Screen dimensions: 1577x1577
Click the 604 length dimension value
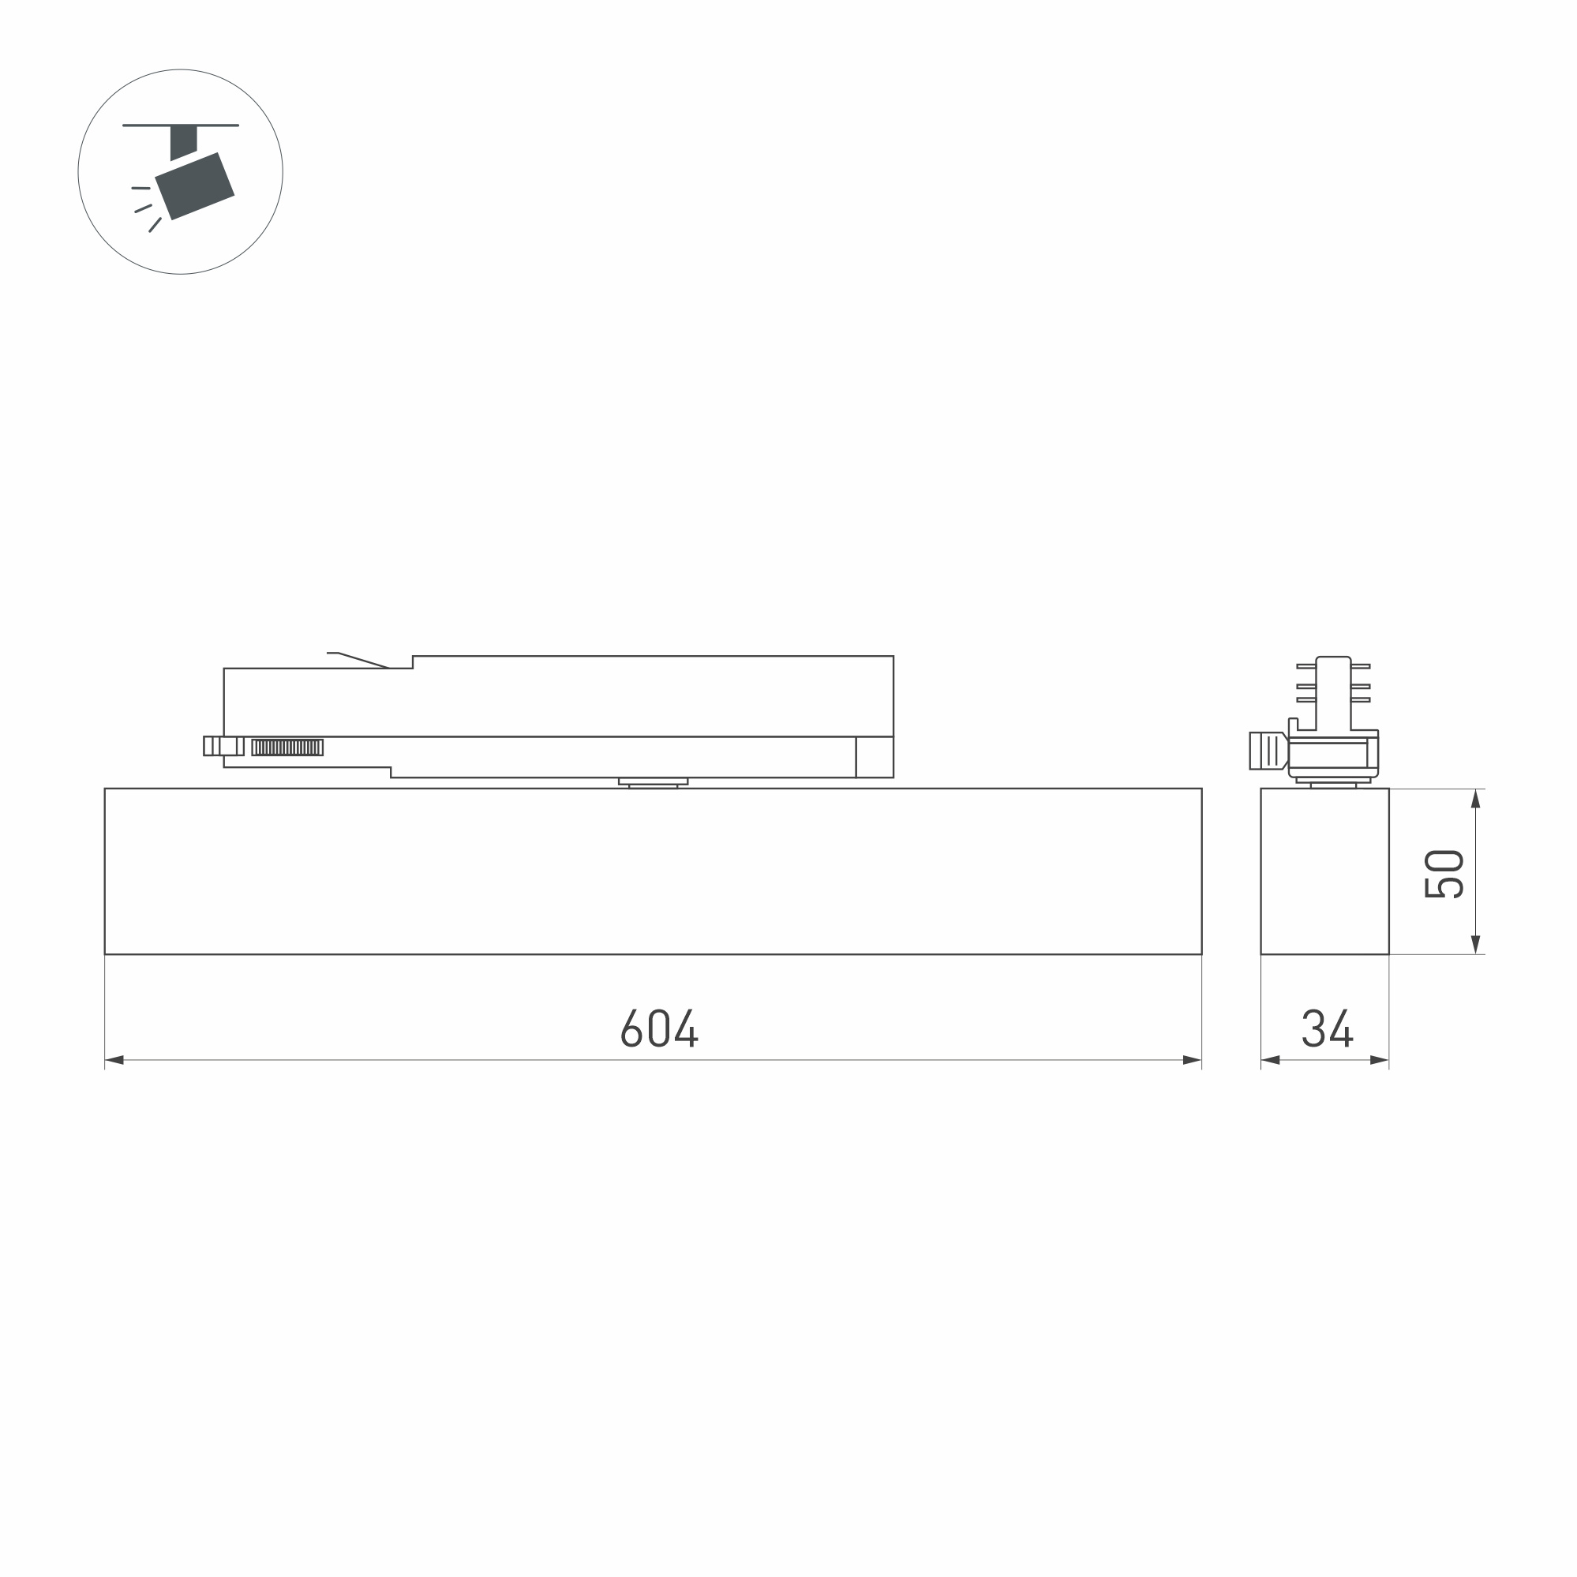660,1028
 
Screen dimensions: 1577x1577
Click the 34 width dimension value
1328,1028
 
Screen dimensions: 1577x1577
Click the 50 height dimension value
1442,875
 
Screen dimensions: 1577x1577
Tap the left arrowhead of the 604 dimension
115,1060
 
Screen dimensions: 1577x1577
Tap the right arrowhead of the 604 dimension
1192,1060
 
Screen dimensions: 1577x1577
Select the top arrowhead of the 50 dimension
1476,799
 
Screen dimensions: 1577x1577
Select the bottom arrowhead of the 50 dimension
1476,945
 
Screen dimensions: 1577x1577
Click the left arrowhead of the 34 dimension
1270,1060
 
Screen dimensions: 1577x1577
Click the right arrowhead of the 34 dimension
1380,1060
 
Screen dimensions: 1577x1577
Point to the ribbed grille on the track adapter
287,747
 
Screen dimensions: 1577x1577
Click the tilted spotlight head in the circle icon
195,186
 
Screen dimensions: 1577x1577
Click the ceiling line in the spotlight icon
181,125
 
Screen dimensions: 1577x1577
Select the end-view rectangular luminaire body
1324,871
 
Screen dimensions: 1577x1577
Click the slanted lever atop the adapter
359,660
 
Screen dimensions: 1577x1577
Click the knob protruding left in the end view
1266,750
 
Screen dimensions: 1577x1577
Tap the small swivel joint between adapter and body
653,783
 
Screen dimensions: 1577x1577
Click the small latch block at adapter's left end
223,746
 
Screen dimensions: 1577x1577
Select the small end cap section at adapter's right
875,757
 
